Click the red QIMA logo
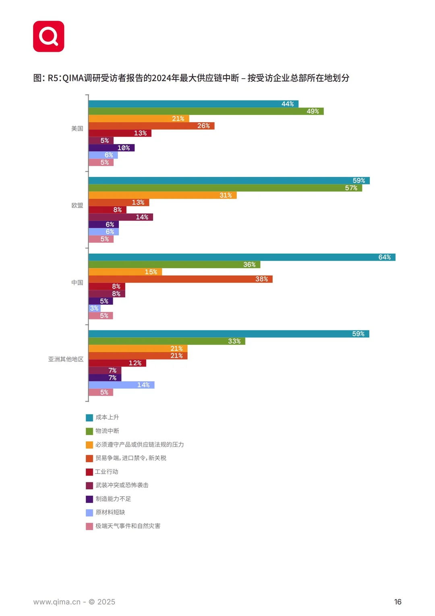click(49, 36)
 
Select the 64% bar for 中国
click(242, 257)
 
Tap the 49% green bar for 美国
click(206, 111)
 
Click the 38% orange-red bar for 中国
click(181, 279)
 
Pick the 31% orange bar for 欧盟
click(163, 195)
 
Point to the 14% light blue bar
click(122, 385)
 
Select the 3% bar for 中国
click(95, 308)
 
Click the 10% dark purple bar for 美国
click(112, 148)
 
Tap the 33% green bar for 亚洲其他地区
click(167, 341)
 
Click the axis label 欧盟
click(77, 205)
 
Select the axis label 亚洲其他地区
click(66, 359)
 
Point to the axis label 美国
click(77, 128)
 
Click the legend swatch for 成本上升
click(89, 418)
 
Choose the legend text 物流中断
click(107, 431)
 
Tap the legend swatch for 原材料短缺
click(89, 513)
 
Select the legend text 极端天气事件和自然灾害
click(128, 526)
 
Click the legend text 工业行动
click(107, 472)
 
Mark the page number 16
click(398, 602)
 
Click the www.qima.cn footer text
click(57, 602)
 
